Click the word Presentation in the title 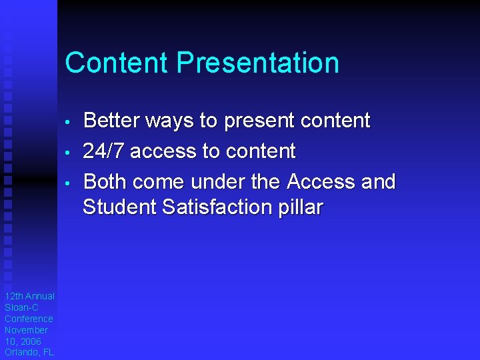pos(257,63)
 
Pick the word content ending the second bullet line pos(259,151)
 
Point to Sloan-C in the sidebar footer pos(22,307)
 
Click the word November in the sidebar pos(27,330)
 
